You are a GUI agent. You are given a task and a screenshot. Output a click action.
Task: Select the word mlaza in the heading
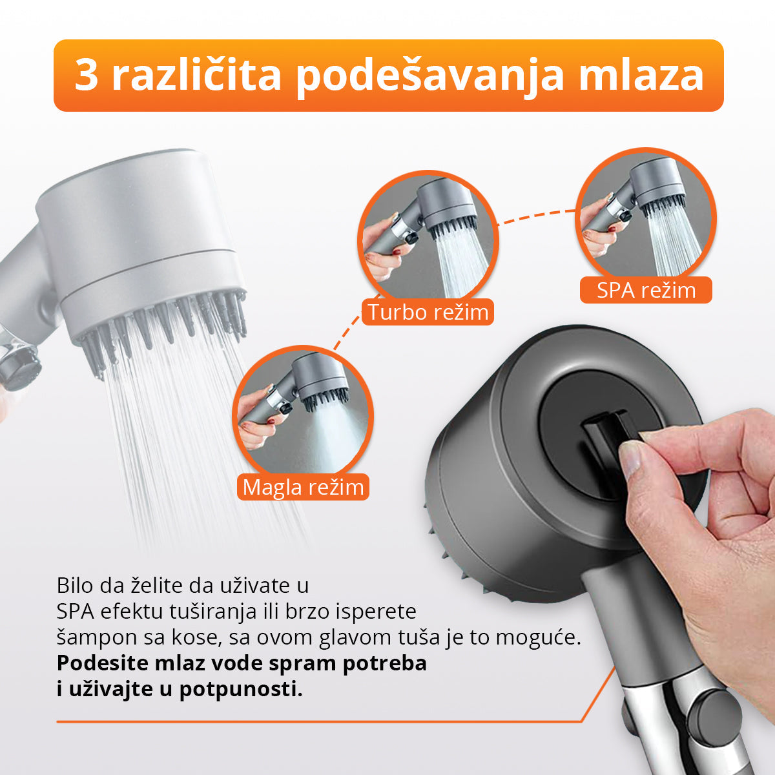point(640,76)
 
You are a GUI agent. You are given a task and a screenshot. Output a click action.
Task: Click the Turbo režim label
point(428,313)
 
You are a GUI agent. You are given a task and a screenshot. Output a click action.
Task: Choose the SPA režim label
point(646,290)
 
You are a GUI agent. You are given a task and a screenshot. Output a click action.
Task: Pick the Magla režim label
point(304,486)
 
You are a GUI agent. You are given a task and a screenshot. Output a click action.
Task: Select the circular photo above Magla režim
point(302,413)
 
